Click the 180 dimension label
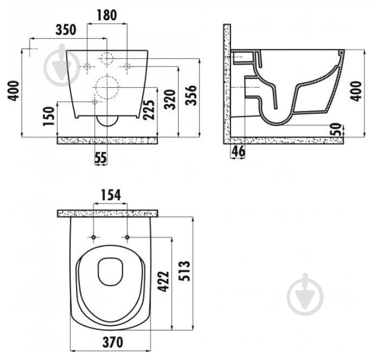107,15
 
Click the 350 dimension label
66,30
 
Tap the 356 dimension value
191,95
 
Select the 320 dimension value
170,99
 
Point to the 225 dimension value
149,109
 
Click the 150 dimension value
49,116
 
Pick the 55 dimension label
101,158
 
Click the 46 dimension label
238,151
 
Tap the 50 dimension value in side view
337,129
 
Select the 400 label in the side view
356,91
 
